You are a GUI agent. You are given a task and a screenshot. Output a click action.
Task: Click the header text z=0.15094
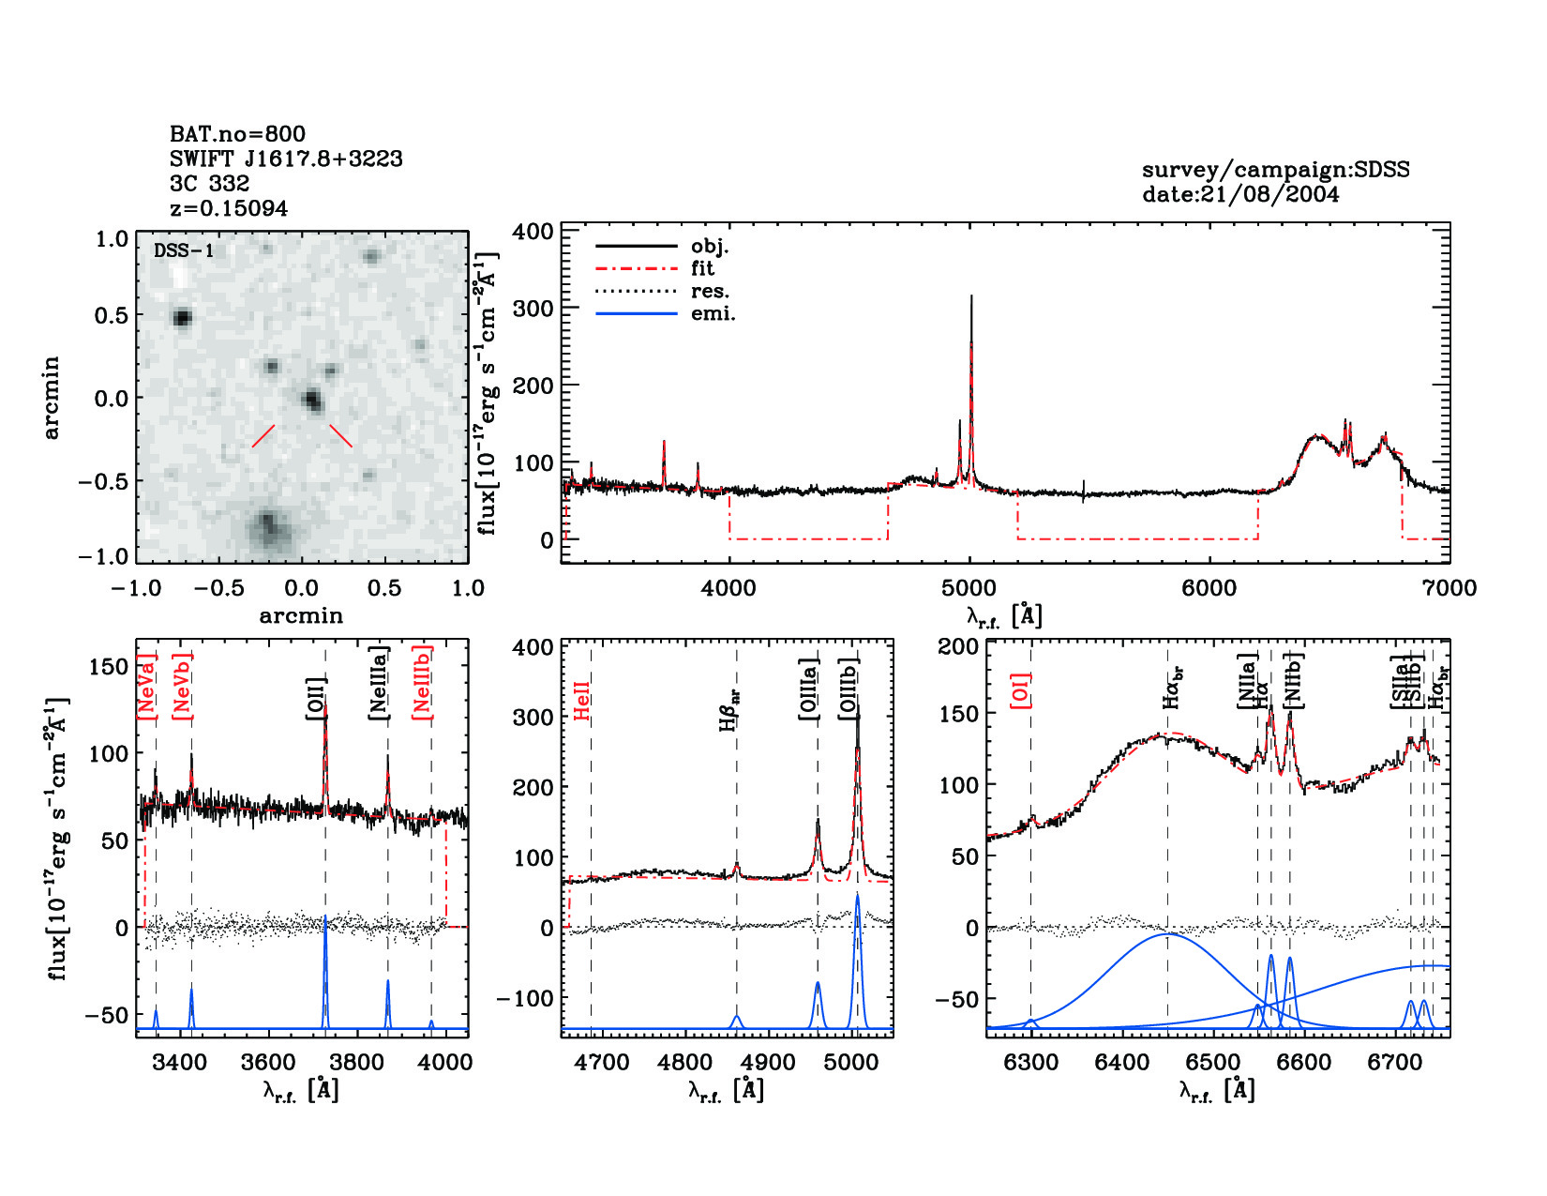point(229,208)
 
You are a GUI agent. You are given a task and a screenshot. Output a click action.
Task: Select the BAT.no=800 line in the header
point(237,134)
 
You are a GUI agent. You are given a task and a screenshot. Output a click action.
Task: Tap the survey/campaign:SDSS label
point(1275,170)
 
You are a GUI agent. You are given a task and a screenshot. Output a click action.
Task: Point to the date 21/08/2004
point(1240,194)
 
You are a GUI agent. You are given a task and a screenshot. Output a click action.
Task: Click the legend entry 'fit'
point(702,268)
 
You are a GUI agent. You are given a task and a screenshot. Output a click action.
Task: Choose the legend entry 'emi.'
point(713,313)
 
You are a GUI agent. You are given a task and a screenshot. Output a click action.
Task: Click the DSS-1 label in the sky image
point(184,250)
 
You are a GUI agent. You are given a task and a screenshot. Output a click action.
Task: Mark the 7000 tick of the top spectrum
point(1449,588)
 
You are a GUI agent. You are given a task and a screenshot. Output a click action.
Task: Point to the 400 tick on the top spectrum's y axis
point(533,231)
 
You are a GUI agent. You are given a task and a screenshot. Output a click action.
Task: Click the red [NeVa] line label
point(147,687)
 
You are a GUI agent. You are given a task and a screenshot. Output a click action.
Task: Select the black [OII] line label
point(316,698)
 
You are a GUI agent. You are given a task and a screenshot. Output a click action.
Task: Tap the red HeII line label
point(581,701)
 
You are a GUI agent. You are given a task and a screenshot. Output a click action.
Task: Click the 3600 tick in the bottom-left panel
point(268,1062)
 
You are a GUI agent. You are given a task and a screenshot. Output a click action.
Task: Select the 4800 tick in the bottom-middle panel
point(685,1062)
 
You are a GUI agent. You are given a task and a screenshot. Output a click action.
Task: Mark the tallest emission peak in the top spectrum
point(970,298)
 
